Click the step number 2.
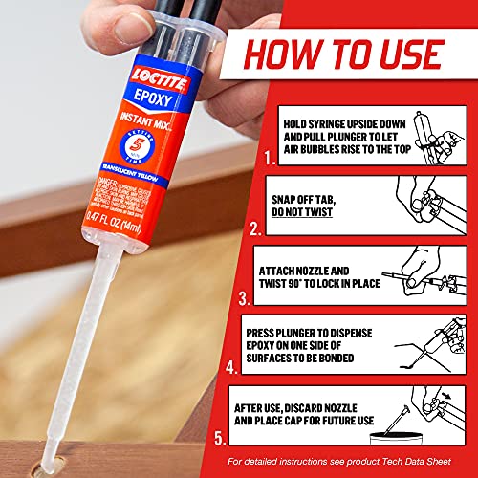pos(253,228)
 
